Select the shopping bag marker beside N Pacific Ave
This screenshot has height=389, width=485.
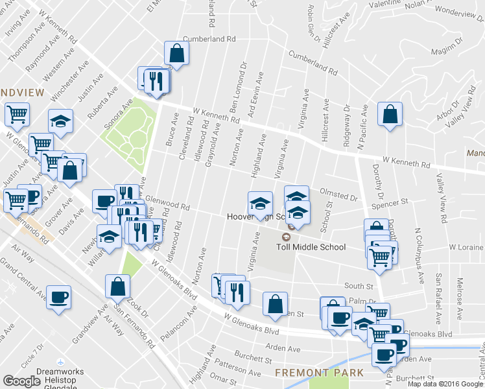389,115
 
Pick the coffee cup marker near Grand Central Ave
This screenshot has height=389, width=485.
58,298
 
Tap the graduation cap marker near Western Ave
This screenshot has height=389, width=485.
60,121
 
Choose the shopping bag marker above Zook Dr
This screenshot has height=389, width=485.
118,286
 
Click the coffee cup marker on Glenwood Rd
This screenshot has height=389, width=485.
104,202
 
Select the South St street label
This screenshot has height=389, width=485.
359,286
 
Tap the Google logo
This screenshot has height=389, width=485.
21,382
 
